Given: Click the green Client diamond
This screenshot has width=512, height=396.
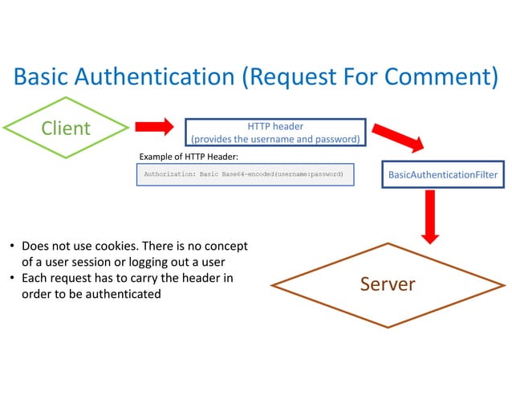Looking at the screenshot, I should (x=66, y=128).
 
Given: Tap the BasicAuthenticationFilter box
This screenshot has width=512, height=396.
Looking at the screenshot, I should (x=443, y=174).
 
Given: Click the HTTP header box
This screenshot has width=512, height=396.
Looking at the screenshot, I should (x=275, y=133).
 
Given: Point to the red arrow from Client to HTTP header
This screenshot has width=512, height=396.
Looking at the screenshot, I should (x=154, y=126).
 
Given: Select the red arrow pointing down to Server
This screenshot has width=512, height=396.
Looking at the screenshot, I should (x=430, y=215).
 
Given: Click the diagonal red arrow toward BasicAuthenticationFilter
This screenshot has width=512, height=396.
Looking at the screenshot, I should (x=398, y=135).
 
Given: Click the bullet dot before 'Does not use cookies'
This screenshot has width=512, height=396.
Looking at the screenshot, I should (x=12, y=247).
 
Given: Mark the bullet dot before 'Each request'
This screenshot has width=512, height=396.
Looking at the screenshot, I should (x=12, y=279).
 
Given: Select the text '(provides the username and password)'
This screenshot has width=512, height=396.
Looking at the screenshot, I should (x=275, y=140).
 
